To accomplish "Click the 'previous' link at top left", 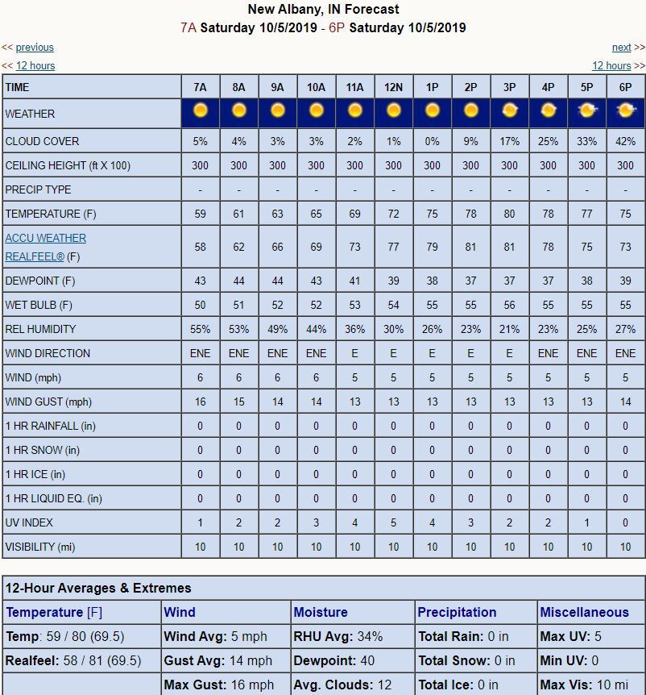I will coord(35,48).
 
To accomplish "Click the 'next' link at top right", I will coord(621,48).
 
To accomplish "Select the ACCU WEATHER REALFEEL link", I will coord(45,248).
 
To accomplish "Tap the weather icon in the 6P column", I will coord(625,110).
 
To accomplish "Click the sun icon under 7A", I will coord(201,110).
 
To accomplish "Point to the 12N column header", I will coord(393,87).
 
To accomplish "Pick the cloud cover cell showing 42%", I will coord(625,141).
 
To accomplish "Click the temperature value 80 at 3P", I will coord(509,214).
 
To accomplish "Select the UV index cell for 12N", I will coord(393,522).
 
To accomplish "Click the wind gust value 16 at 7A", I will coord(201,402).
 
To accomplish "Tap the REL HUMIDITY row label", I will coord(40,329).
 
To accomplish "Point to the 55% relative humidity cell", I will coord(201,329).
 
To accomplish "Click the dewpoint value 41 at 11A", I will coord(354,281).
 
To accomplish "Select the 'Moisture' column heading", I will coord(321,612).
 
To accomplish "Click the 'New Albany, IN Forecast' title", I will coord(323,10).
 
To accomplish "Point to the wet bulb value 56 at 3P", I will coord(509,305).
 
